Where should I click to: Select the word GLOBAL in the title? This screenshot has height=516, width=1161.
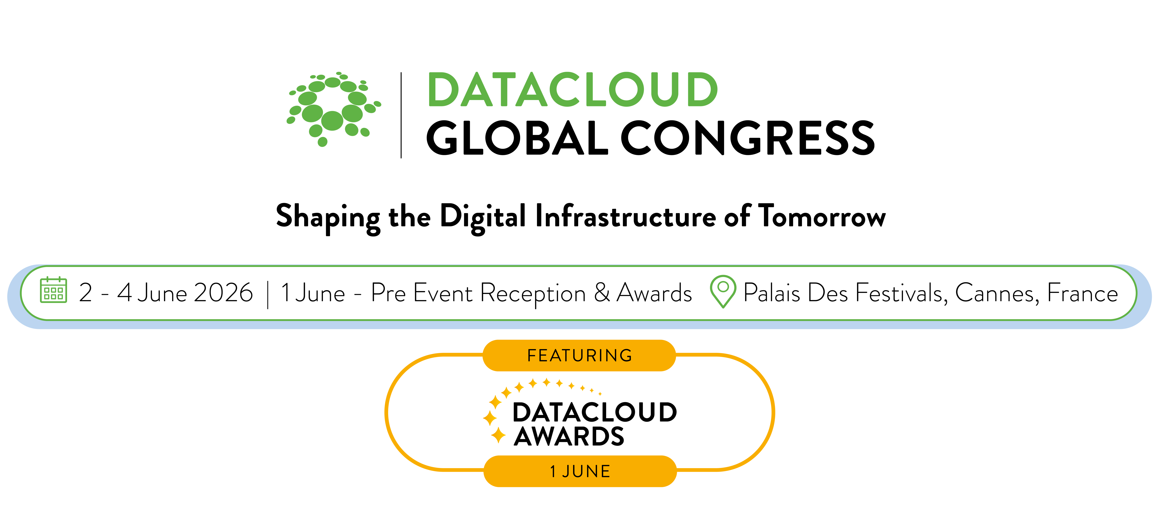click(517, 138)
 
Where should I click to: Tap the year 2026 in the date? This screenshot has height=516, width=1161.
click(224, 293)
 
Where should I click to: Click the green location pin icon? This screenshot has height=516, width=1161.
click(723, 292)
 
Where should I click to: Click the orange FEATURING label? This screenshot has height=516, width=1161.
click(580, 356)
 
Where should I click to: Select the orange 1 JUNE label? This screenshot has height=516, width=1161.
click(580, 471)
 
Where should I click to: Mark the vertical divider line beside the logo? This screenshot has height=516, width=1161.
click(401, 115)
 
